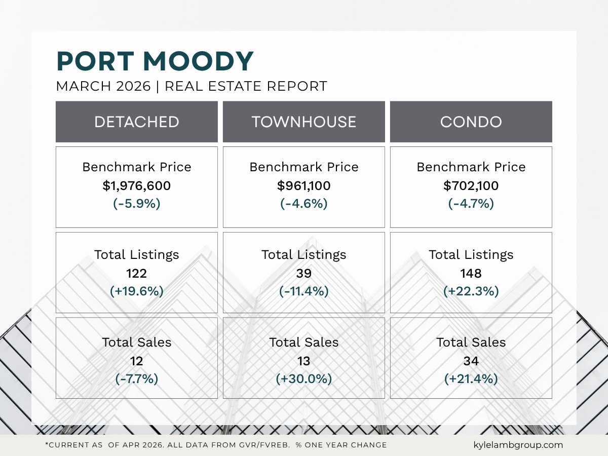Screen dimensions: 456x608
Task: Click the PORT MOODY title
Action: coord(155,61)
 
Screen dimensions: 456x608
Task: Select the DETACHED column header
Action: coord(137,122)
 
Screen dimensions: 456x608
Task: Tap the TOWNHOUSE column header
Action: coord(304,122)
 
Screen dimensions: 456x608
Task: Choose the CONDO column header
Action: coord(471,122)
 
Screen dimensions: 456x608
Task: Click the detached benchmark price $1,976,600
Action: coord(137,186)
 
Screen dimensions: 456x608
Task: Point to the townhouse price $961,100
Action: coord(304,186)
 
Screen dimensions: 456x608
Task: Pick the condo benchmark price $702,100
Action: coord(471,186)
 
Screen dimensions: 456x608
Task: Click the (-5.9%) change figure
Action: coord(137,204)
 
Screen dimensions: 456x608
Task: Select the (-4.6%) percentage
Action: coord(304,204)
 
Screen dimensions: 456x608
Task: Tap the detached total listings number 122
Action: coord(137,274)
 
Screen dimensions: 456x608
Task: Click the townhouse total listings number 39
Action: coord(304,274)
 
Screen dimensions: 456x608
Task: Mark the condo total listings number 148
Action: coord(471,274)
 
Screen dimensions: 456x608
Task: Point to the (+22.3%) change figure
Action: coord(471,291)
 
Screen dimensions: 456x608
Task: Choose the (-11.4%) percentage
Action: coord(304,291)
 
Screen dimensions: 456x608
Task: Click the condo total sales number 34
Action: coord(471,361)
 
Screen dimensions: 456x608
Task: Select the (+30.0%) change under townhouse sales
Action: coord(304,379)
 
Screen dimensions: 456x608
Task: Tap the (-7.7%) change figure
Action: coord(137,379)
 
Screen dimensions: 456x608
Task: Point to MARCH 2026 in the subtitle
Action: coord(103,86)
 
